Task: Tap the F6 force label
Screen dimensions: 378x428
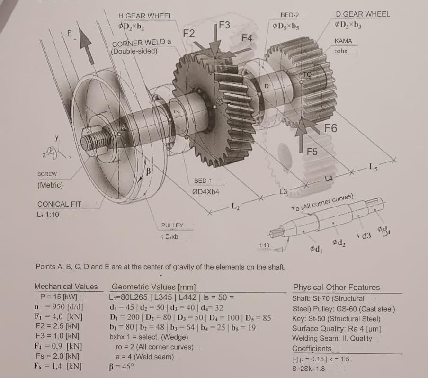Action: coord(330,128)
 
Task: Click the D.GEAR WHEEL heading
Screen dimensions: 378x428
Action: coord(363,14)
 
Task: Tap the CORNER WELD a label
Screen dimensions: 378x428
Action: coord(142,43)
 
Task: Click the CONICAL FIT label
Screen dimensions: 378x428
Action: coord(59,204)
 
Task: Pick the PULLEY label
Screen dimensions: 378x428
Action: coord(172,225)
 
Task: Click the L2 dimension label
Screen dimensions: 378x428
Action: coord(235,206)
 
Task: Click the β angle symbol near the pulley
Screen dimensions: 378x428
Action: coord(148,170)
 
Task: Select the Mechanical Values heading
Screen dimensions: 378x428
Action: coord(66,287)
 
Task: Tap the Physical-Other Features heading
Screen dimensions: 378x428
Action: coord(337,287)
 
